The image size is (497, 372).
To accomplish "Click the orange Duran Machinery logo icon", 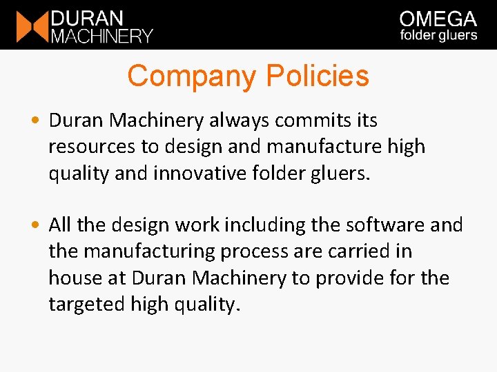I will click(32, 26).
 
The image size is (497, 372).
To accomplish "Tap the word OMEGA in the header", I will click(438, 19).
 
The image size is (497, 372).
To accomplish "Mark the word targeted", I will click(86, 304).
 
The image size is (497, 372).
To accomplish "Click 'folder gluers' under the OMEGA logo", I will click(438, 36).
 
